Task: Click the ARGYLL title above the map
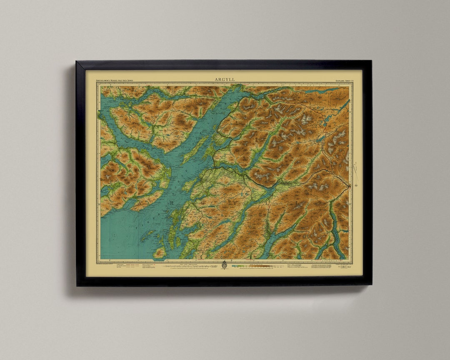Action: click(x=225, y=79)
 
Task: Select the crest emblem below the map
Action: click(x=224, y=265)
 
